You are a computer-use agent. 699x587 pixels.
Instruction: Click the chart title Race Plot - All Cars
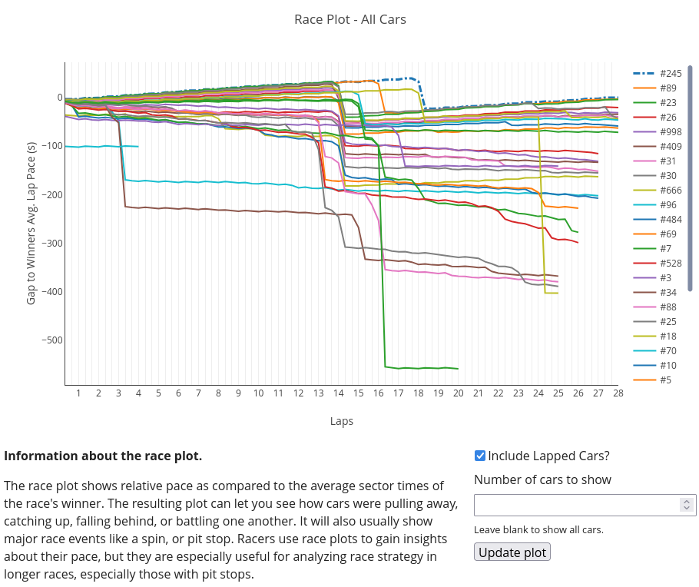(x=349, y=19)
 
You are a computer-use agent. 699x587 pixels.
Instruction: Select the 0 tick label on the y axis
(x=59, y=98)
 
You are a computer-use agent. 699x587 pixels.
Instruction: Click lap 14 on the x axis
(x=339, y=393)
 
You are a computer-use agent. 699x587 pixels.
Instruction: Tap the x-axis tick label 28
(x=618, y=393)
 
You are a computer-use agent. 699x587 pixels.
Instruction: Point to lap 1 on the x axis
(x=78, y=393)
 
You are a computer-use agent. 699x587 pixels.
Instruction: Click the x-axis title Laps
(x=342, y=421)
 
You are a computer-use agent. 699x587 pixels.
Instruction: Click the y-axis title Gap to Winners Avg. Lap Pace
(x=31, y=223)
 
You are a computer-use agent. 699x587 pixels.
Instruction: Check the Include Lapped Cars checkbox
(x=480, y=456)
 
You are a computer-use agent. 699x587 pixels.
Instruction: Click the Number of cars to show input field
(x=576, y=505)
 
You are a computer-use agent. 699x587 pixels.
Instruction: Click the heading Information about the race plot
(x=103, y=456)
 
